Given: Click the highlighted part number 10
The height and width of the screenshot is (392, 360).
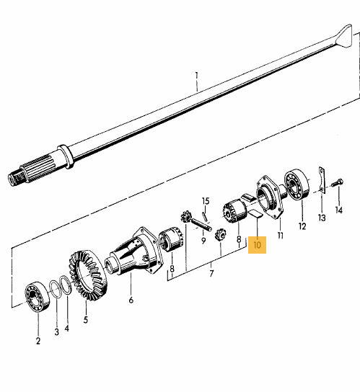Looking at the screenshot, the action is [x=257, y=245].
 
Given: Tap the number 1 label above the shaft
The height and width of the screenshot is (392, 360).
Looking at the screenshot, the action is [x=197, y=76].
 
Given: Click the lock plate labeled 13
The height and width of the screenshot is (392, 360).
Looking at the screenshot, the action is [x=322, y=180].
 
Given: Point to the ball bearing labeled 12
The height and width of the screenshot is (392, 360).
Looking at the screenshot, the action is [x=297, y=184].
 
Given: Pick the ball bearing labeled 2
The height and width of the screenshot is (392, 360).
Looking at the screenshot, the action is [x=38, y=296].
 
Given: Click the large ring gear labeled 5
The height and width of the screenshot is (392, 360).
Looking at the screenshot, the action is [x=88, y=275].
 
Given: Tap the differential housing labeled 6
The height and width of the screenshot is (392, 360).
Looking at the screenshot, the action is [x=134, y=251].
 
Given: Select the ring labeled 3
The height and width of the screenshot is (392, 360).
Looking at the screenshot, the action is [x=56, y=289].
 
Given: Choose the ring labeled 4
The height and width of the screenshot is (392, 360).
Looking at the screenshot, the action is [x=66, y=285].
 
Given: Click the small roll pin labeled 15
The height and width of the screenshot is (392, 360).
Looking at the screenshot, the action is [x=204, y=216].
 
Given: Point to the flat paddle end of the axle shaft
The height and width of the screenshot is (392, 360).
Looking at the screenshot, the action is [x=344, y=36].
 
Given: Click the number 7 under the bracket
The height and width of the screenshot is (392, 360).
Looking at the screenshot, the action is [x=212, y=273].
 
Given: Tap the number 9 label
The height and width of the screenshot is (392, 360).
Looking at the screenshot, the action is [x=203, y=241].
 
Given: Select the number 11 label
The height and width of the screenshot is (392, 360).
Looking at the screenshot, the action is [x=281, y=235].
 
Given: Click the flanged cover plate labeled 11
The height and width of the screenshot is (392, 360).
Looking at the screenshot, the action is [x=270, y=197].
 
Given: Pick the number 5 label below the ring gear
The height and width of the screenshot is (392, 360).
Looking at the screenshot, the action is [x=86, y=319].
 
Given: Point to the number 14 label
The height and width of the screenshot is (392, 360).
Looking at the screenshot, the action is [x=338, y=210].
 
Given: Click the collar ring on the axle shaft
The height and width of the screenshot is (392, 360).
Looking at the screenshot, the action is [x=66, y=156].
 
